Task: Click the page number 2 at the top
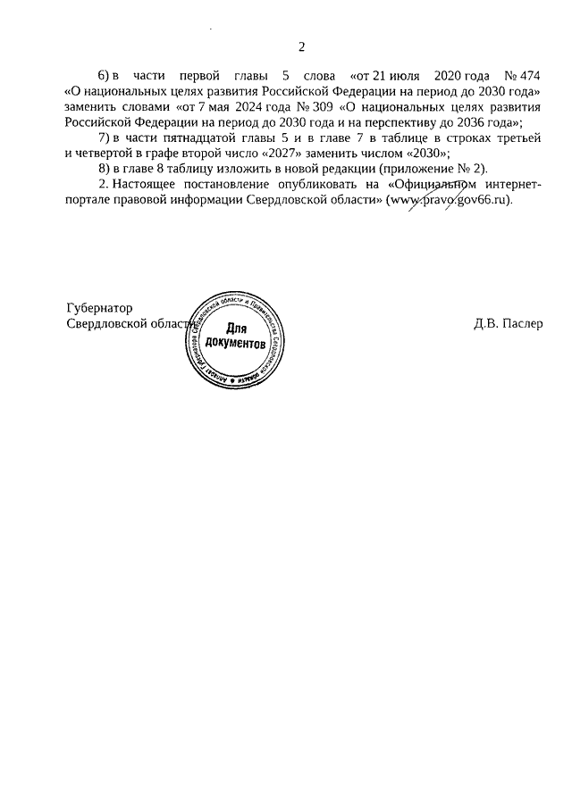tap(301, 47)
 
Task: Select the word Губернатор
tap(100, 308)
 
